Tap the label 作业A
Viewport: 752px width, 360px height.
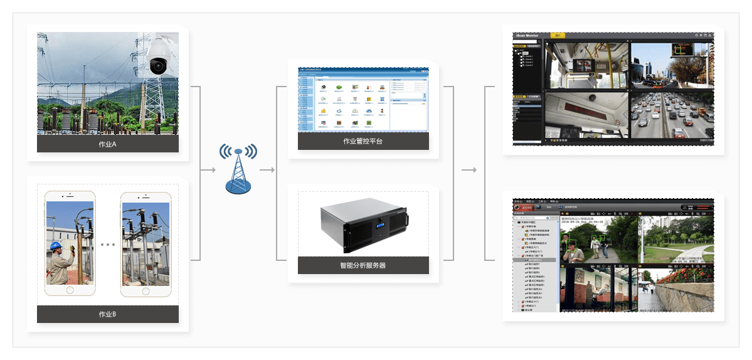click(x=108, y=144)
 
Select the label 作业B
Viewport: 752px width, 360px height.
click(x=108, y=314)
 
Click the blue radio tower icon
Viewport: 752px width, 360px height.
click(x=238, y=168)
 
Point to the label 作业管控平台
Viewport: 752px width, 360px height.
click(x=363, y=141)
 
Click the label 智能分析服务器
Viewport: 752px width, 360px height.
click(x=363, y=265)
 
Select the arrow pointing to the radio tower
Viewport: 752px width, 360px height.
click(x=208, y=170)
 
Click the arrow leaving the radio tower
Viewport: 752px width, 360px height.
click(x=268, y=170)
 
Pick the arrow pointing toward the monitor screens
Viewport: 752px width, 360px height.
click(x=469, y=170)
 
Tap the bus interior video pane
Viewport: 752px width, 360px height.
click(x=586, y=66)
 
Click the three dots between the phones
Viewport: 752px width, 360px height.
click(x=108, y=244)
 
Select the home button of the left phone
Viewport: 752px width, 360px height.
click(x=70, y=290)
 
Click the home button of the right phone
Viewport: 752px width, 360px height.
click(x=146, y=290)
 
